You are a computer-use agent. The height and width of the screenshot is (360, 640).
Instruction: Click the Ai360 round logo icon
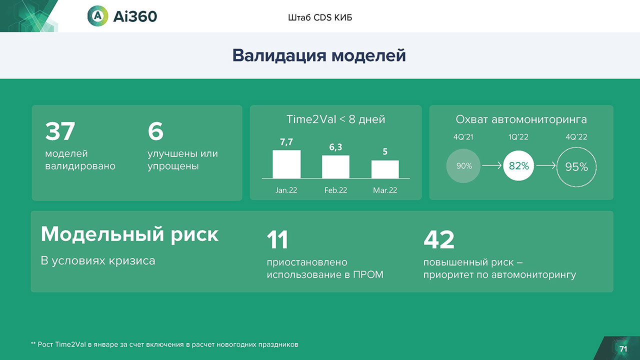coord(97,16)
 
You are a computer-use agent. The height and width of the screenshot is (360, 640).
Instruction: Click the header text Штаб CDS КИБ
coord(320,17)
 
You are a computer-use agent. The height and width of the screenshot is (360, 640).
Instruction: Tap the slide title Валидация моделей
coord(319,55)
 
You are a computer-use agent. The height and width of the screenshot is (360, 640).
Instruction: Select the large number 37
coord(60,131)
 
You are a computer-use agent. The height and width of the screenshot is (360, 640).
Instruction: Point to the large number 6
coord(155,131)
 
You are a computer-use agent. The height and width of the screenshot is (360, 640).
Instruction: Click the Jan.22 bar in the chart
coord(286,164)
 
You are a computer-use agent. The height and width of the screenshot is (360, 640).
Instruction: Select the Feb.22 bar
coord(335,167)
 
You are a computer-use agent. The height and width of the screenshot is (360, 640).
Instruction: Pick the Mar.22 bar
coord(385,169)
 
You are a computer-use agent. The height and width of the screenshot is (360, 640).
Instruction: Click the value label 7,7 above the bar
coord(286,142)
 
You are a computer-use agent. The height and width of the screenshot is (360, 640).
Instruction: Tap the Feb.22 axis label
coord(335,190)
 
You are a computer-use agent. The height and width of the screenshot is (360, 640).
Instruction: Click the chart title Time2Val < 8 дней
coord(335,119)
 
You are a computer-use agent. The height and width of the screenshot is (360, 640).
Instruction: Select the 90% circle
coord(463,165)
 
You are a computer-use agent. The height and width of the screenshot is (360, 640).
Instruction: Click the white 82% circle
coord(518,165)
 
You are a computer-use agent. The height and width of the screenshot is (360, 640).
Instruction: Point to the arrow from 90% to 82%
coord(491,165)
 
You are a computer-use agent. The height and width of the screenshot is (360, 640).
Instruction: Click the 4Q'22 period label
coord(576,137)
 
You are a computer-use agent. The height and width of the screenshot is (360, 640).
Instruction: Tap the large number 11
coord(277,239)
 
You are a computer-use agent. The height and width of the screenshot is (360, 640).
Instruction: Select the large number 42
coord(439,239)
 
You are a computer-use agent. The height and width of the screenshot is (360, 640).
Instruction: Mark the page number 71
coord(623,349)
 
